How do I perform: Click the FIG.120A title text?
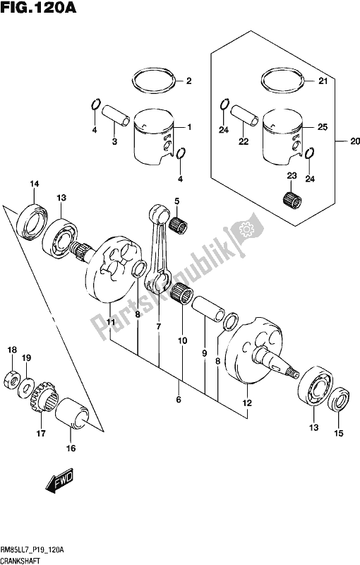pos(39,7)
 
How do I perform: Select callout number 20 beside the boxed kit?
pos(354,141)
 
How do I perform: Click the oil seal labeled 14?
pos(32,221)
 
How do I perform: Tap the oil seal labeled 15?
pos(339,399)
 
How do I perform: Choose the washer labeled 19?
pos(26,387)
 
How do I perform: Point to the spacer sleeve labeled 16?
pos(72,414)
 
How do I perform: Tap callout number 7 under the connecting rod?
pos(159,326)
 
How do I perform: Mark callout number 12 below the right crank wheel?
pos(247,403)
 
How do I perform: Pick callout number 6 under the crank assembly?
pos(179,399)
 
